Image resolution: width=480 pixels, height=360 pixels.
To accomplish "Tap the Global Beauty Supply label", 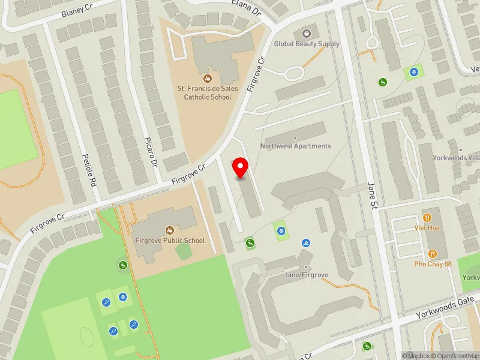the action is pos(307,44).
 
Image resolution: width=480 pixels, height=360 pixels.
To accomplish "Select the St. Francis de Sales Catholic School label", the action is pos(208,92).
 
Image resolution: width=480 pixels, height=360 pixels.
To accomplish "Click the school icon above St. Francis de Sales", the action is pos(208,78).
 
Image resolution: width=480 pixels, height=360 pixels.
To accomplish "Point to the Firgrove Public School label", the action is pos(170,241).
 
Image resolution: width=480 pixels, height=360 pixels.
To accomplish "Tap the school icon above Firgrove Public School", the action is pos(170,229).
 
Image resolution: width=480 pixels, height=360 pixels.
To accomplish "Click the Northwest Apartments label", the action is pos(295,146).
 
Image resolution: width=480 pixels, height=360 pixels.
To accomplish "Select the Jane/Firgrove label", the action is pos(307,275).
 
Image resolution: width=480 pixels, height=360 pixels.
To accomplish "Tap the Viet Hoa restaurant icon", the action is pos(427,217).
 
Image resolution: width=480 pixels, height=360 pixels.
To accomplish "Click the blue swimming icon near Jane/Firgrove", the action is pos(306,242).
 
